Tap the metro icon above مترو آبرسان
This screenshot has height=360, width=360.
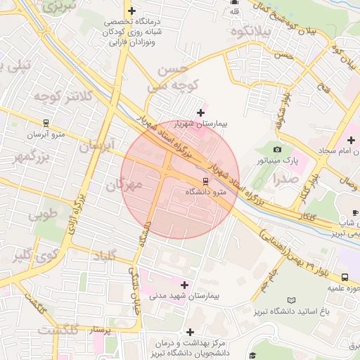tap(46, 122)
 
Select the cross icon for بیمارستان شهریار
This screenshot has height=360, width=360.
tap(201, 112)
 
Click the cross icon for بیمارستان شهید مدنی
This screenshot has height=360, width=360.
tap(185, 285)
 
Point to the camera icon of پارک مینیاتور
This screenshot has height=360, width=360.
tap(277, 150)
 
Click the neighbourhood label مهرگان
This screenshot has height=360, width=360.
tap(124, 185)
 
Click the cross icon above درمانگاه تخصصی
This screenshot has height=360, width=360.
tap(131, 10)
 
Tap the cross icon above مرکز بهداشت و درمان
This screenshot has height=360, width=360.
tap(190, 331)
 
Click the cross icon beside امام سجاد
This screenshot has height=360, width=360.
tap(351, 141)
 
